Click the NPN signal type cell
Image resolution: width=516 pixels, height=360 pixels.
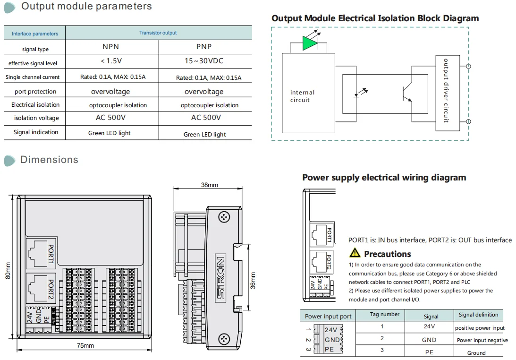[x=111, y=47]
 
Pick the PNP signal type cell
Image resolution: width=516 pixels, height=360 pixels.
[x=204, y=47]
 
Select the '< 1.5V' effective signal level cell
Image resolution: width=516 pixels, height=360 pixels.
[x=111, y=61]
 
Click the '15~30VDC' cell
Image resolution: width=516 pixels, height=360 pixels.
[x=204, y=61]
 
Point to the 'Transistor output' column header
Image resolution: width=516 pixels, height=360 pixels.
[x=158, y=33]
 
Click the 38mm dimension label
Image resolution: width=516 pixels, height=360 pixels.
[x=210, y=185]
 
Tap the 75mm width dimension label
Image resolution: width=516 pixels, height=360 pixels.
[x=85, y=346]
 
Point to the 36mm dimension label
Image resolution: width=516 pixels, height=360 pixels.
[x=253, y=281]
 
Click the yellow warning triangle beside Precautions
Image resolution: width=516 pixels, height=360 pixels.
[x=355, y=253]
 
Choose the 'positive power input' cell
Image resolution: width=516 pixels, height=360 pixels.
[x=480, y=328]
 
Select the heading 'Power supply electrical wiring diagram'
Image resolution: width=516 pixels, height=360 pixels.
[x=384, y=178]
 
